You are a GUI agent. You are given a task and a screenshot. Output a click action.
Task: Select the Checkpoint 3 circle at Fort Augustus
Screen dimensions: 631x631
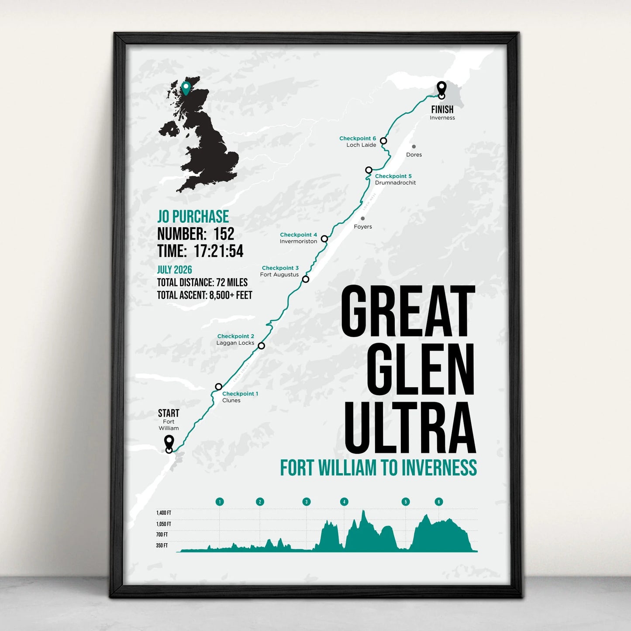(306, 279)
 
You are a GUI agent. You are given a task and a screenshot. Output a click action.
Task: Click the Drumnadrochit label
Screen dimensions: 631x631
(395, 183)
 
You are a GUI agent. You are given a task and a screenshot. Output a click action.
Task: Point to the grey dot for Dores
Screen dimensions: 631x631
(414, 147)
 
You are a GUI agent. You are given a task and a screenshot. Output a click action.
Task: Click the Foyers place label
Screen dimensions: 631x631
(363, 227)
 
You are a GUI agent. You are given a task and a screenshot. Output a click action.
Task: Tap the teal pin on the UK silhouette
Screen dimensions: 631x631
(186, 88)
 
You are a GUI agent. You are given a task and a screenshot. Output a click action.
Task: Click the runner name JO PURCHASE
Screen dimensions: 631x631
(193, 217)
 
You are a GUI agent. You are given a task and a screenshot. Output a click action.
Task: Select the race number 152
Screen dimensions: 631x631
(224, 234)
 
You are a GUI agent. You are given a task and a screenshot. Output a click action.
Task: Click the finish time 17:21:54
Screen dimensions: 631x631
(219, 251)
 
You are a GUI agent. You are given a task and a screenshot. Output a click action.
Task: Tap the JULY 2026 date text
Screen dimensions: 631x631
(175, 270)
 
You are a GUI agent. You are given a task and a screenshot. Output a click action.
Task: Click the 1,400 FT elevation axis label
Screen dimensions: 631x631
(164, 513)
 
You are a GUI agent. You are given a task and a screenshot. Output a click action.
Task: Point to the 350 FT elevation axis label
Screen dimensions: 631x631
(162, 545)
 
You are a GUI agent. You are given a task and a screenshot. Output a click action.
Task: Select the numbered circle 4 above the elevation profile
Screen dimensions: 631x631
(344, 502)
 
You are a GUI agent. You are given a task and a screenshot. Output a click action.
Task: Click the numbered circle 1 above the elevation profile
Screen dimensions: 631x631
(220, 502)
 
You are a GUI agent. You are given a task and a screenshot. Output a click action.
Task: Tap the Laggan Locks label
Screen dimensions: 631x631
(235, 343)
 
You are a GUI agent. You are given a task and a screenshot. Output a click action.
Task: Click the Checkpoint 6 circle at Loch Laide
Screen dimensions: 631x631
(383, 141)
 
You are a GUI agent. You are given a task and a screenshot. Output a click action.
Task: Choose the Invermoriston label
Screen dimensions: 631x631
(298, 241)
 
